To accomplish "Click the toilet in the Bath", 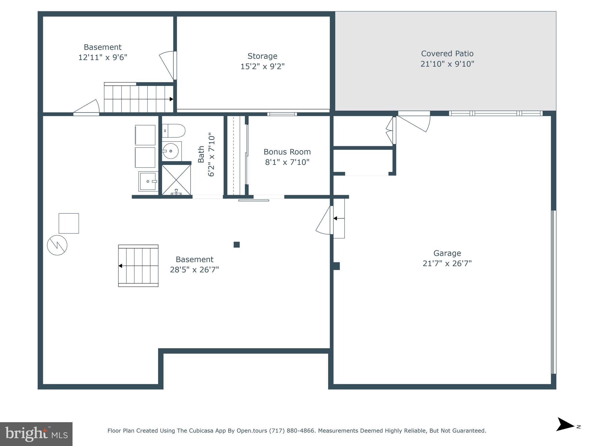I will pyautogui.click(x=173, y=131).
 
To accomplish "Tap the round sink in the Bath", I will pyautogui.click(x=171, y=151).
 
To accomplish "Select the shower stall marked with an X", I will pyautogui.click(x=176, y=179).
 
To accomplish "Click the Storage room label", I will pyautogui.click(x=262, y=56).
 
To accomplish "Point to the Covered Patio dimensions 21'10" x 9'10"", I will pyautogui.click(x=447, y=64).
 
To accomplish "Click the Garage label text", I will pyautogui.click(x=447, y=253).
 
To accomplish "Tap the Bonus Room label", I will pyautogui.click(x=287, y=152).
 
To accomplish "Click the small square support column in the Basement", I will pyautogui.click(x=237, y=244).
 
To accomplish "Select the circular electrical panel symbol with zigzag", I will pyautogui.click(x=57, y=245).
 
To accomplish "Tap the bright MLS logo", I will pyautogui.click(x=36, y=434).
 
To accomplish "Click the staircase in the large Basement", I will pyautogui.click(x=138, y=266).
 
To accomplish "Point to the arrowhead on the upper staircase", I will pyautogui.click(x=171, y=99).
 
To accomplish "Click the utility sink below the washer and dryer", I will pyautogui.click(x=148, y=181).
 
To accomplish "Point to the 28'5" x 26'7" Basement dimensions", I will pyautogui.click(x=194, y=270).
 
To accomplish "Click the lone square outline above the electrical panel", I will pyautogui.click(x=69, y=223).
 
